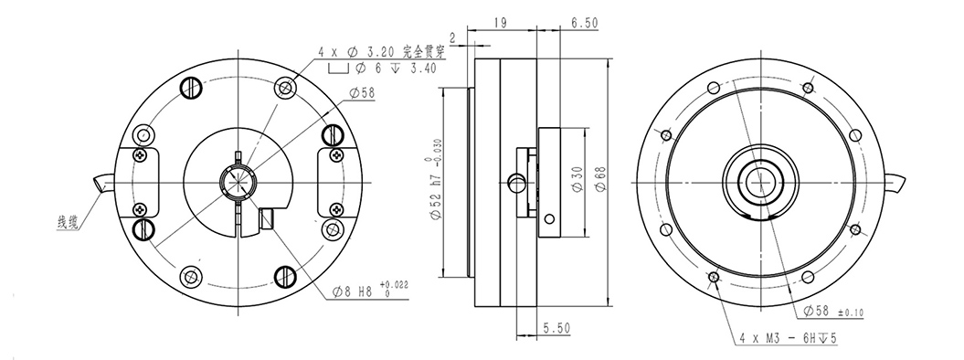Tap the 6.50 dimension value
point(585,23)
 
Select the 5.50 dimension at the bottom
point(556,329)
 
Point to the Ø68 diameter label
point(600,179)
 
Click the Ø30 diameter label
point(577,179)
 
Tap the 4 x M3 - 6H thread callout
point(788,338)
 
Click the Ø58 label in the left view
point(362,93)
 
